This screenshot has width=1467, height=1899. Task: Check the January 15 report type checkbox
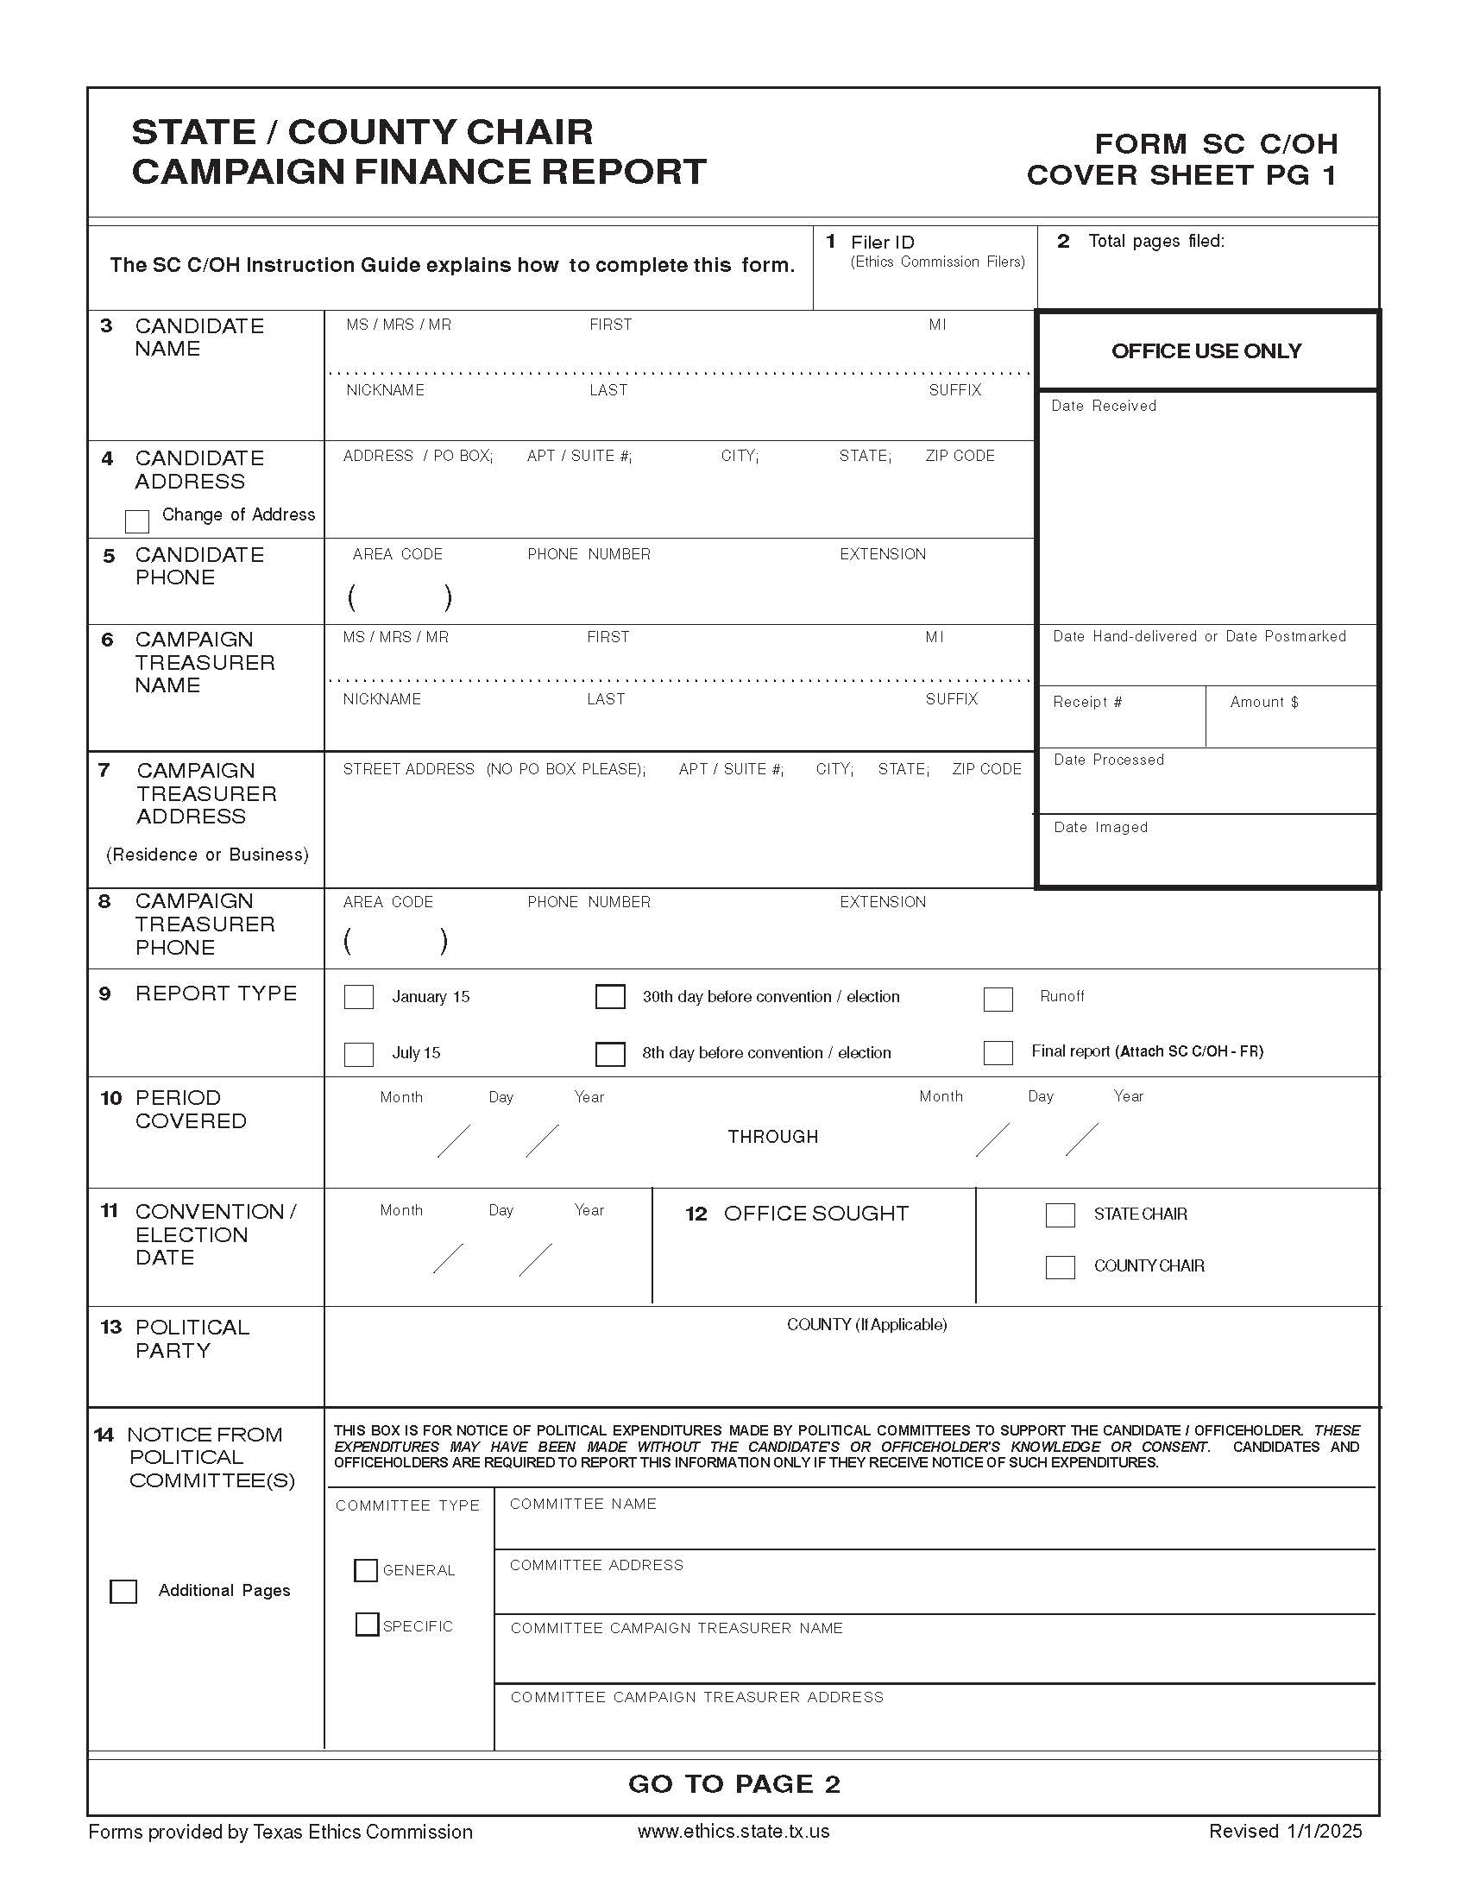pos(358,996)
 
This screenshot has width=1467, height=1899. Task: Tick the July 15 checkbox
pos(358,1054)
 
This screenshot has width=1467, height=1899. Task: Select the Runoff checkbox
pos(998,999)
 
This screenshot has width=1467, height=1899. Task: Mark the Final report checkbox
pos(998,1053)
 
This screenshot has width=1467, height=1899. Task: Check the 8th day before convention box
pos(609,1054)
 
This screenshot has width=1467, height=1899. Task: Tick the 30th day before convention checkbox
pos(609,996)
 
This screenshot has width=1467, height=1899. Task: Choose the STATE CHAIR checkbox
pos(1060,1214)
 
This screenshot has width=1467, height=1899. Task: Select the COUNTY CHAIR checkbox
pos(1060,1267)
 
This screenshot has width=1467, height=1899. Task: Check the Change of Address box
pos(137,520)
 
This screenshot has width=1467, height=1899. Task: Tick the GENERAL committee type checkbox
pos(366,1569)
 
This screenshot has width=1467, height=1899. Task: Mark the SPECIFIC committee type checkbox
pos(367,1625)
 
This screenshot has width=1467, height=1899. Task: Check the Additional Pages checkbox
pos(123,1591)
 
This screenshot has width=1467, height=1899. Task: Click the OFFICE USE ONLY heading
pos(1206,351)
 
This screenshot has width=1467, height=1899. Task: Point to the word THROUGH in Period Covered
pos(772,1137)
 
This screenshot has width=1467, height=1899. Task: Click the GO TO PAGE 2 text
pos(733,1783)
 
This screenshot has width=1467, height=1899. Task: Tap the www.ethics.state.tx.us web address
pos(733,1831)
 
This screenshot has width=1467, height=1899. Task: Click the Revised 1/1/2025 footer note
pos(1285,1831)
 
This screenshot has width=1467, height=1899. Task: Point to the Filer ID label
pos(882,243)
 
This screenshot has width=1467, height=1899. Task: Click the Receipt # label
pos(1086,702)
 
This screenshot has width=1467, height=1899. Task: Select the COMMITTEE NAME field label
pos(582,1504)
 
